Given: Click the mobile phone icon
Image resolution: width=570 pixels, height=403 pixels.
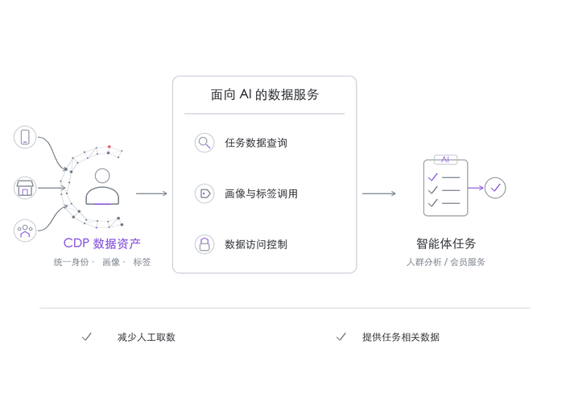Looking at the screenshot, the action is (x=25, y=137).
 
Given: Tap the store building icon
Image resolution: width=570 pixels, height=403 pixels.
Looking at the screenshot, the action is (x=25, y=188).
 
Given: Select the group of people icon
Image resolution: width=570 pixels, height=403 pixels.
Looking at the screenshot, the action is (x=25, y=231).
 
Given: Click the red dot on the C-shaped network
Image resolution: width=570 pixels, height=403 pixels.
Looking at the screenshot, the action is (x=109, y=147).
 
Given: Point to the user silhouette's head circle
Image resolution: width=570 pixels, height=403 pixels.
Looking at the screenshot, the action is (x=102, y=176).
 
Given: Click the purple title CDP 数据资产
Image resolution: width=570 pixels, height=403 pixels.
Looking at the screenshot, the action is (x=101, y=243).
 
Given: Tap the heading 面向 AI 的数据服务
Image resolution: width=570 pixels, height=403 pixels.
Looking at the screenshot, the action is (x=265, y=94).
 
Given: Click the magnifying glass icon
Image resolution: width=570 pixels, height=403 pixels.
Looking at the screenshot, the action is (x=204, y=143).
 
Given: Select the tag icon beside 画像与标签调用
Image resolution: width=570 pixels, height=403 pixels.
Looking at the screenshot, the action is (x=204, y=193).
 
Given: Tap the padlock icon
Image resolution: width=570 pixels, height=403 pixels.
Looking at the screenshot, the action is (x=204, y=244).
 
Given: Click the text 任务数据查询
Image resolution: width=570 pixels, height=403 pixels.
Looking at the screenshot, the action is (x=256, y=143).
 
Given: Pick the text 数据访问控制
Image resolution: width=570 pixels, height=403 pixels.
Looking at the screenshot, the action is (x=256, y=244).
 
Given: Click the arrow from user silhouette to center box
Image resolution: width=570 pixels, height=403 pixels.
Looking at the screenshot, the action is (x=151, y=193).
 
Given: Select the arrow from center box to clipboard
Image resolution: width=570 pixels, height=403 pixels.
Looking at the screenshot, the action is (x=378, y=193).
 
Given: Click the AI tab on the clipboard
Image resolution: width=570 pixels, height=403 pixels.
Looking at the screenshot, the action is (x=446, y=160).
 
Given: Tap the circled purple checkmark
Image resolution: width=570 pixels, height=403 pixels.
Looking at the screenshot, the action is (x=495, y=188).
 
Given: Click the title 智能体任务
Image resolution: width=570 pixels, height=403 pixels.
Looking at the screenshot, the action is (x=446, y=243).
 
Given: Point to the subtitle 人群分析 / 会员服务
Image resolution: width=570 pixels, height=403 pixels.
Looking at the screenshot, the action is (x=446, y=262).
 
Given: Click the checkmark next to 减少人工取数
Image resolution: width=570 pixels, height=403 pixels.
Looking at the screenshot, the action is (x=87, y=337).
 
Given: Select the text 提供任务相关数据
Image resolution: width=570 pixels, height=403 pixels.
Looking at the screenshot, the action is (x=401, y=337).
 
